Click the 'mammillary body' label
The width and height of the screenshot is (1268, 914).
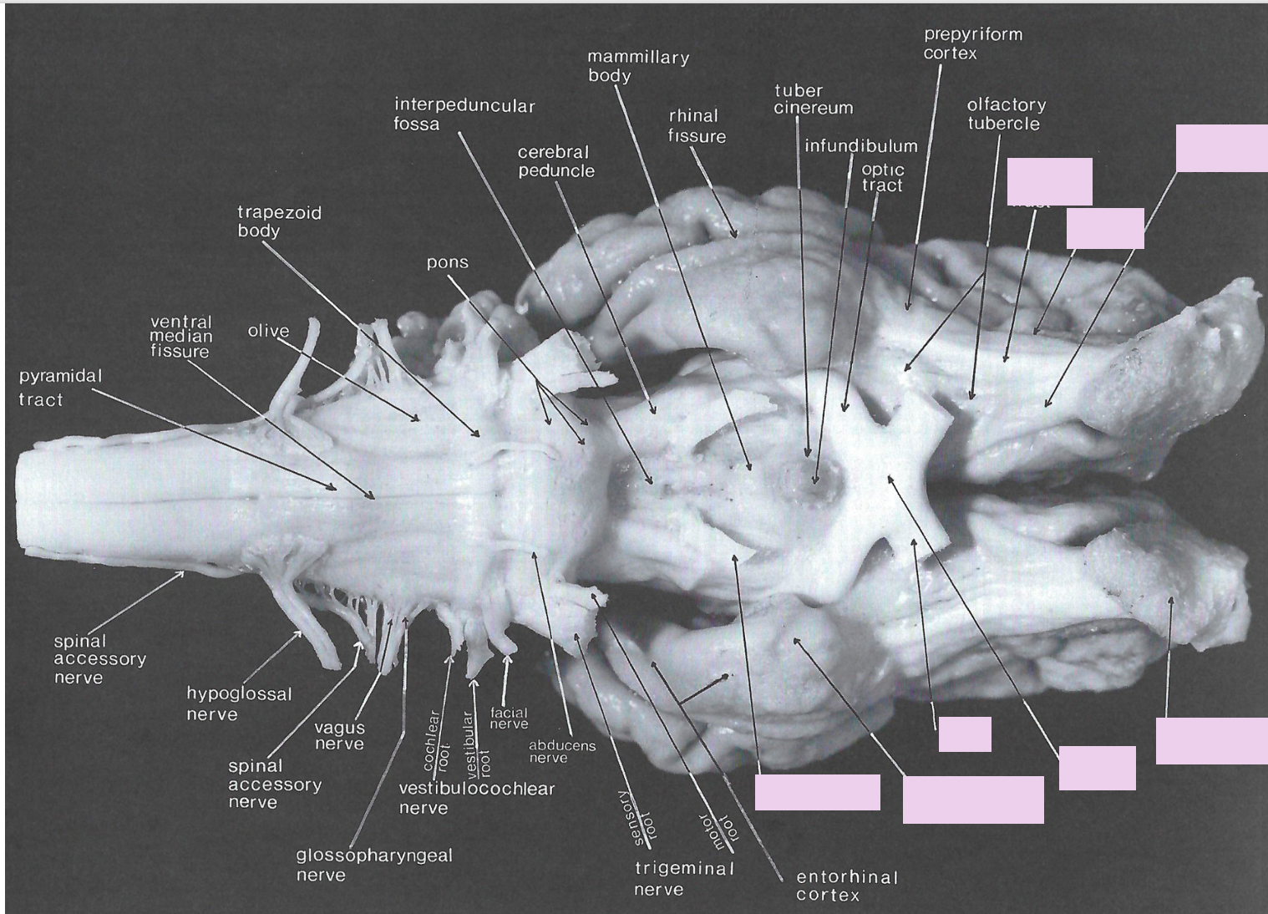tap(637, 66)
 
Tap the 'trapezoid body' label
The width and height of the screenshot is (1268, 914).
tap(279, 221)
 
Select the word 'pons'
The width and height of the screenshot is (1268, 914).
tap(448, 262)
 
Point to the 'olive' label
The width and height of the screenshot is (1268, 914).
tap(268, 331)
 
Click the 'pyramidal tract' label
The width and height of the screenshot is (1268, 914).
tap(60, 388)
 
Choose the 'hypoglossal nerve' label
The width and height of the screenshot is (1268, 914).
tap(239, 703)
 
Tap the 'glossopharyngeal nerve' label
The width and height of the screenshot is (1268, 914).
tap(373, 865)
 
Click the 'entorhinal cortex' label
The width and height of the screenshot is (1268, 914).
tap(846, 886)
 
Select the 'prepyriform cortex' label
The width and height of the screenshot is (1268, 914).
tap(972, 43)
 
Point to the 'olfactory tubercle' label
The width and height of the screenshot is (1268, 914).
tap(1006, 114)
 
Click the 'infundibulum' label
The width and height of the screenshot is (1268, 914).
tap(860, 146)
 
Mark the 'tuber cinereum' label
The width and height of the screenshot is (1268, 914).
tap(813, 99)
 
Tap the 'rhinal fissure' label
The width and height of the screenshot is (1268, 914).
tap(696, 125)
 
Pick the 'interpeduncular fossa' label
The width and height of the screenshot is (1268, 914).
tap(464, 114)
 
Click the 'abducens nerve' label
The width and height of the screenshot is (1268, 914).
tap(561, 751)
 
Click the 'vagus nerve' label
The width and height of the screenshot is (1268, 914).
tap(339, 735)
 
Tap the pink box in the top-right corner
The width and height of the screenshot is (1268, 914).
tap(1221, 148)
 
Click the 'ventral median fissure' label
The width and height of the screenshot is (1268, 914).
tap(181, 336)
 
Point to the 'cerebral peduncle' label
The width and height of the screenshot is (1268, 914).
tap(555, 161)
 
